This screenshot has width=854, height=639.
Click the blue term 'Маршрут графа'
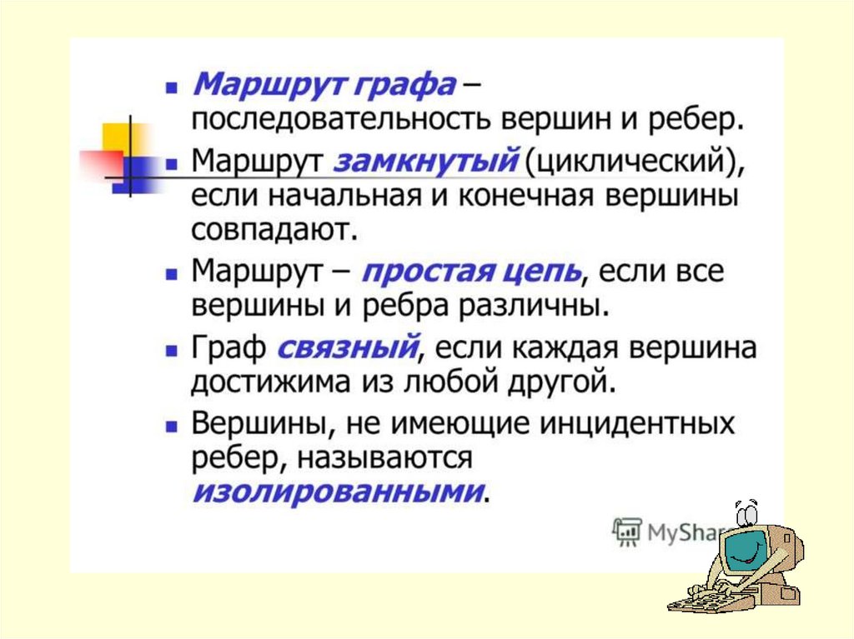point(324,85)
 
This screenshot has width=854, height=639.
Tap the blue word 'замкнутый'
point(425,161)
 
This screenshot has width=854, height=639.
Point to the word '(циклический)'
point(635,161)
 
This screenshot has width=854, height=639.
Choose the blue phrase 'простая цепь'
point(472,272)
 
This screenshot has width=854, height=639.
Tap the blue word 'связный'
point(349,347)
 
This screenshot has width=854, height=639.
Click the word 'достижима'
point(273,382)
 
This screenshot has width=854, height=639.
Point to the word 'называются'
point(384,457)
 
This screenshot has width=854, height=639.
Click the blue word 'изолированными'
point(339,492)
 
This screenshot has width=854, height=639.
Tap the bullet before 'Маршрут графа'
point(172,87)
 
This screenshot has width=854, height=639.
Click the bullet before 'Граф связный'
point(172,351)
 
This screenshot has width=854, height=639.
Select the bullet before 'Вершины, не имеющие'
point(172,427)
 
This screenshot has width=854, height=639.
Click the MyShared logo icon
point(627,532)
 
